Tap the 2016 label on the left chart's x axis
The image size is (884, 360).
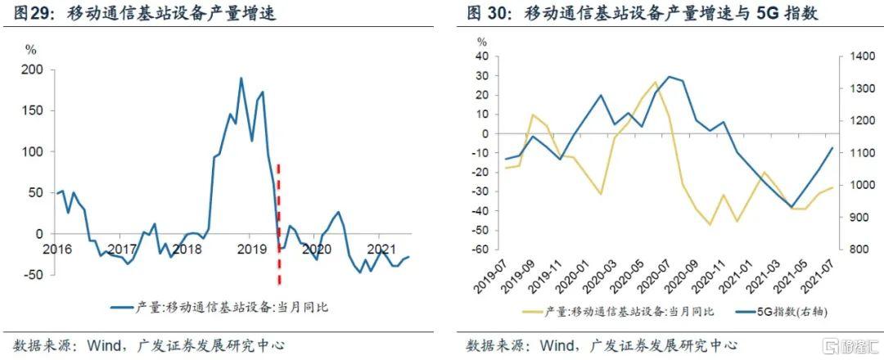(56, 248)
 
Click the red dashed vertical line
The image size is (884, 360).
(279, 221)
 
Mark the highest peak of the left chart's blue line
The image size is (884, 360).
(241, 79)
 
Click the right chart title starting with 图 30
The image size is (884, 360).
(643, 13)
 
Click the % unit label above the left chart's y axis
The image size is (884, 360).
(31, 49)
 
